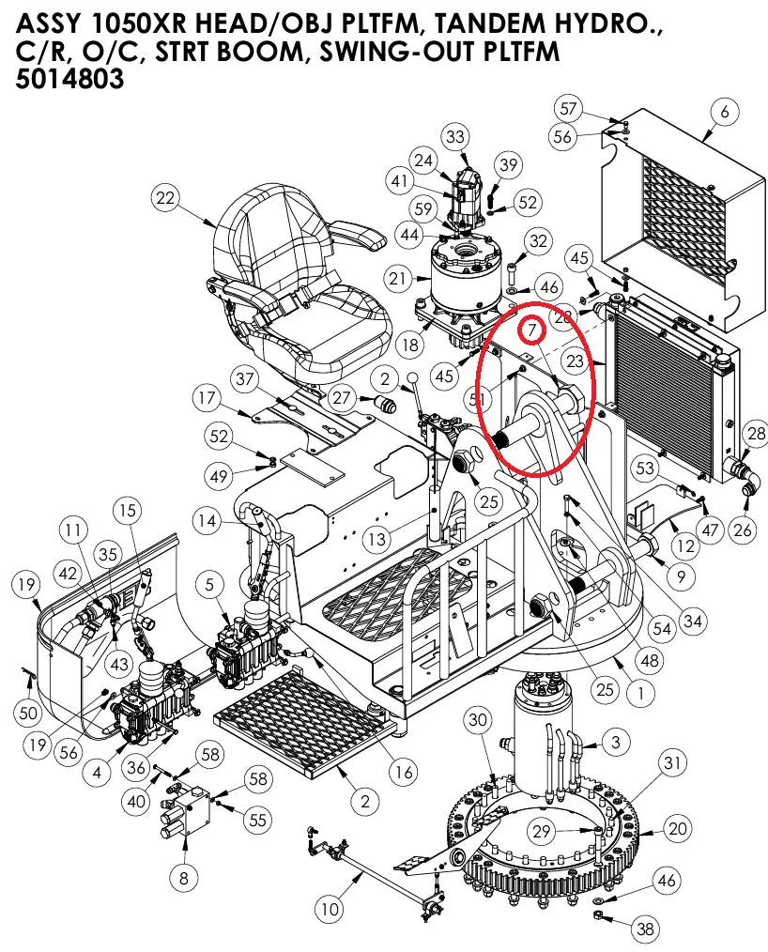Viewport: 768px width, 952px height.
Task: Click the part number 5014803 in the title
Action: coord(70,81)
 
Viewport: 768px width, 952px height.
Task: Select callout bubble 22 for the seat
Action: coord(166,198)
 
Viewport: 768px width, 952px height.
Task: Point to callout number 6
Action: coord(724,113)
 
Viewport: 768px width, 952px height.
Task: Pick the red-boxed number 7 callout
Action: coord(530,330)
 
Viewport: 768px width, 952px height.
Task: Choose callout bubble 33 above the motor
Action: coord(455,138)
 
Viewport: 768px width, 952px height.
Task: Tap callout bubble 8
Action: coord(184,878)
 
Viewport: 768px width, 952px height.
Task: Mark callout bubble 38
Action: coord(644,929)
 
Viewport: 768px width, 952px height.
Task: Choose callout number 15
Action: coord(127,511)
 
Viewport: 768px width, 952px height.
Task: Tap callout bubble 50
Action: coord(27,714)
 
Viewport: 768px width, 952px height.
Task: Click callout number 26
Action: coord(743,530)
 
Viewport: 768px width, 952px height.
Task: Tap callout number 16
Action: coord(403,773)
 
